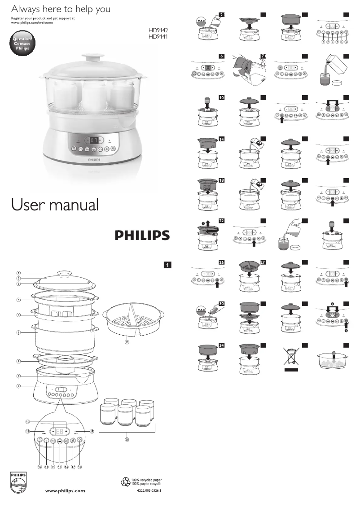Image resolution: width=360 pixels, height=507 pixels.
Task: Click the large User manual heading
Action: pos(55,205)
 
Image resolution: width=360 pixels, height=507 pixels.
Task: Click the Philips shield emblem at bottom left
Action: pos(16,483)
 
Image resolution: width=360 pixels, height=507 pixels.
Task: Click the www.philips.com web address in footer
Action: pos(65,491)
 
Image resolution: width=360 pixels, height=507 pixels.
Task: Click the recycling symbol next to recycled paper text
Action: pos(125,482)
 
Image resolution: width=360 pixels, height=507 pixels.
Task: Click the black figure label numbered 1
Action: pos(167,265)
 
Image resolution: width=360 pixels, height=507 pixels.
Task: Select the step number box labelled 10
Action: pos(222,97)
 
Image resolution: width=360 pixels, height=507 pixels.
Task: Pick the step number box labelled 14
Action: pos(222,140)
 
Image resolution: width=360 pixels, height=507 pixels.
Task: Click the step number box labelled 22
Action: pos(222,221)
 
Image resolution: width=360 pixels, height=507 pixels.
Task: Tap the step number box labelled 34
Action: pos(222,345)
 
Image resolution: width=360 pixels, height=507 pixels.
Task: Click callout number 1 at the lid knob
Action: pos(19,273)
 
